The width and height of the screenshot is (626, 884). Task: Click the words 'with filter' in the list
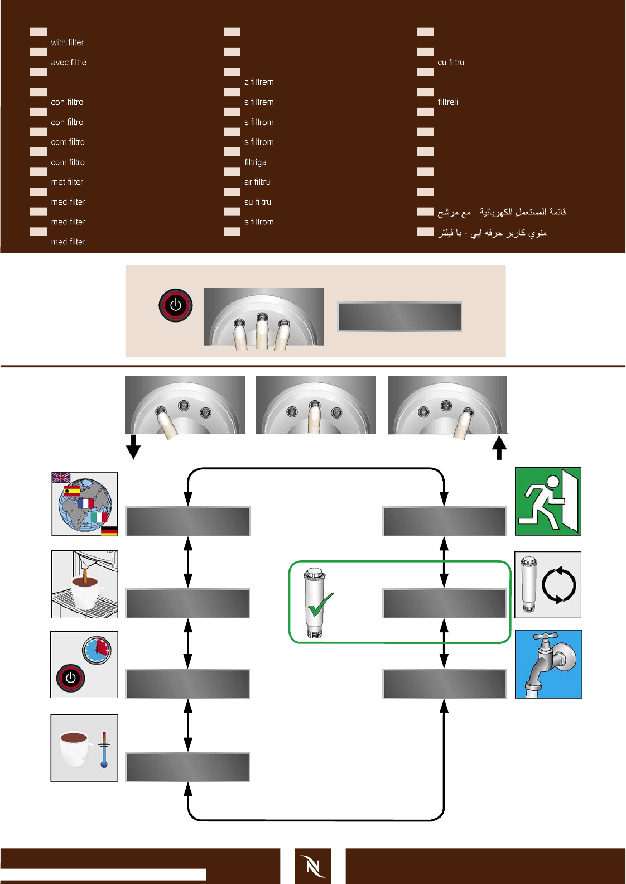[x=68, y=42]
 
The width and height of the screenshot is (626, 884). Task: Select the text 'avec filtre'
[x=69, y=63]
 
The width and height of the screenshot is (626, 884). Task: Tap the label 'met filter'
[x=67, y=182]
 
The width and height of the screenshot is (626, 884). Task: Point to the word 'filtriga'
[x=256, y=162]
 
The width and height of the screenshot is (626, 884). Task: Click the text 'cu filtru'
[x=451, y=63]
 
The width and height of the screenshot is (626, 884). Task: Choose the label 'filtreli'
[x=448, y=102]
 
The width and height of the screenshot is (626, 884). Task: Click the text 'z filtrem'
[x=259, y=82]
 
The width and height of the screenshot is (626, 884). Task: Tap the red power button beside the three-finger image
[x=176, y=305]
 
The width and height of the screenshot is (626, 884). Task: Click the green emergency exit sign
[x=548, y=501]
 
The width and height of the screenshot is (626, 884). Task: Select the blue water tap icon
[x=548, y=664]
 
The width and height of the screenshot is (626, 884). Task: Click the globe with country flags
[x=85, y=504]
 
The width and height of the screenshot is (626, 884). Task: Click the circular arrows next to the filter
[x=559, y=585]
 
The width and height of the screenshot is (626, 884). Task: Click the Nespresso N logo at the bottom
[x=313, y=866]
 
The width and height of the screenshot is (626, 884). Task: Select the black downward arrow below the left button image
[x=133, y=446]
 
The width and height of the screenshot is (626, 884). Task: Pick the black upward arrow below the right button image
[x=499, y=448]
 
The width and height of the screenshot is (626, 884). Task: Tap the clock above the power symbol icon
[x=97, y=650]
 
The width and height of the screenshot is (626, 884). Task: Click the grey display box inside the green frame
[x=444, y=603]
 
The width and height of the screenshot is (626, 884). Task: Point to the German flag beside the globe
[x=109, y=530]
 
